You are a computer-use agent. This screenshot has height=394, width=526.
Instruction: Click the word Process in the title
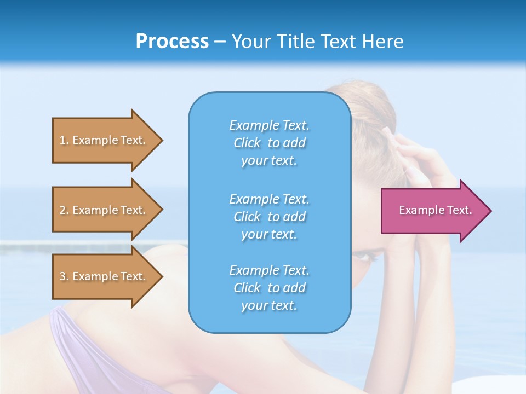click(172, 42)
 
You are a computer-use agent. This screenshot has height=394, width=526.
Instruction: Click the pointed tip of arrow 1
click(161, 140)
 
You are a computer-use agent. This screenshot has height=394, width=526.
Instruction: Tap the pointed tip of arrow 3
click(161, 276)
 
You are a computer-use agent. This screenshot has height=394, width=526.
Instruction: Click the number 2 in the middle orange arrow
click(62, 210)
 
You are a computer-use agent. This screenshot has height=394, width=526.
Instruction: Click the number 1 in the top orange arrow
click(62, 140)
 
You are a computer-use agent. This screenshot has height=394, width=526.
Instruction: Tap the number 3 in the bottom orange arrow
click(62, 276)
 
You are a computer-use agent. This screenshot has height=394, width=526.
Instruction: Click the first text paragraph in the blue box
click(269, 143)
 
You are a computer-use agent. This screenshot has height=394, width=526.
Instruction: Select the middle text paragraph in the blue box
click(269, 216)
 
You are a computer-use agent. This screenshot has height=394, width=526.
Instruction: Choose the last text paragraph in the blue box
click(269, 288)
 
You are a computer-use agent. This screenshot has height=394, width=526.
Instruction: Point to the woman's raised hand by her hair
click(414, 159)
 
